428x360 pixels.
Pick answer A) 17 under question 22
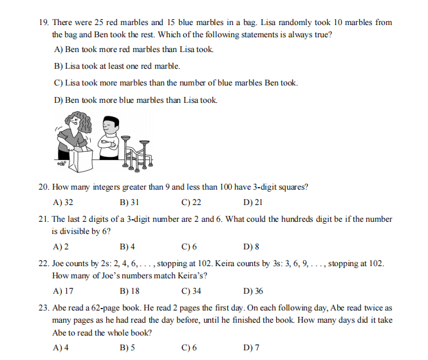point(63,291)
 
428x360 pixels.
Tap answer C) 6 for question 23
point(189,348)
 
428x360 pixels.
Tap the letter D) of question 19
point(59,100)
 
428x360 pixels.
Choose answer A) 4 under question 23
point(62,348)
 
